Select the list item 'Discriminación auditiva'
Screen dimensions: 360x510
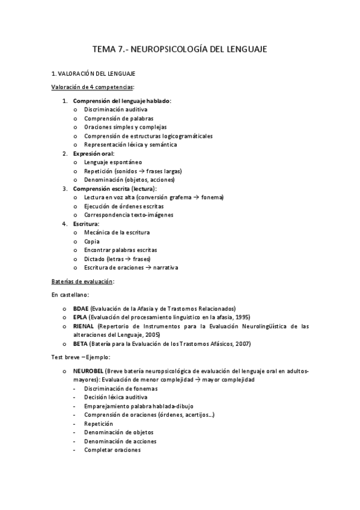[x=115, y=109]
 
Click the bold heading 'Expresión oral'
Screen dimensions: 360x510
[x=93, y=153]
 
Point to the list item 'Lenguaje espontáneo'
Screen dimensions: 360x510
[x=113, y=162]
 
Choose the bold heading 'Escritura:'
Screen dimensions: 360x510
[x=86, y=223]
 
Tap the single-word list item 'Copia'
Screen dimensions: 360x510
[x=92, y=241]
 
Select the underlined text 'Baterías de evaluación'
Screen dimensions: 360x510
[x=82, y=281]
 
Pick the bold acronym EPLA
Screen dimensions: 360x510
[x=80, y=317]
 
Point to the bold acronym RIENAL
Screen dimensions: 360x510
[x=84, y=326]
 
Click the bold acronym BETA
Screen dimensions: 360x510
[x=80, y=344]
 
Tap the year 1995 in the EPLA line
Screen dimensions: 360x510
[x=242, y=317]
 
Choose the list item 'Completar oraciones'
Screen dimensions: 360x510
[x=112, y=449]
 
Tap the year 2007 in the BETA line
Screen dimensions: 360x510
[x=242, y=344]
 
